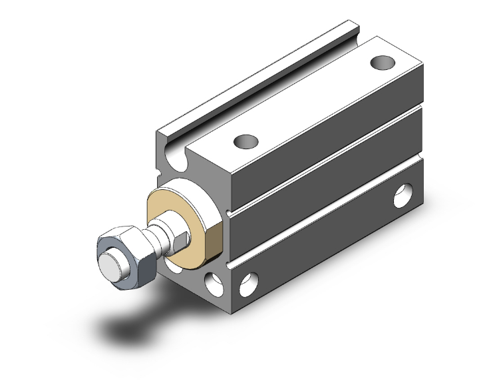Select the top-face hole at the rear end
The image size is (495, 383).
(382, 63)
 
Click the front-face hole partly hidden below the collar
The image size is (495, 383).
(174, 265)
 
